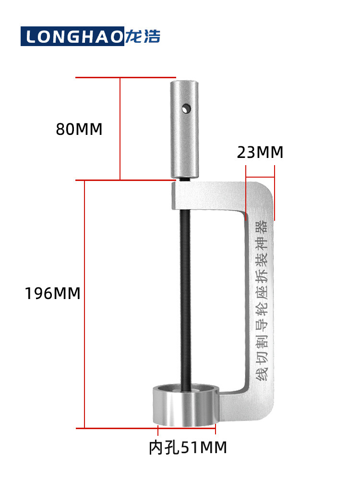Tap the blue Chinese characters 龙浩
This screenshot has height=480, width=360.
click(143, 36)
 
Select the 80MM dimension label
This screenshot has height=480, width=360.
click(79, 129)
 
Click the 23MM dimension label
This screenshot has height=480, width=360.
click(260, 153)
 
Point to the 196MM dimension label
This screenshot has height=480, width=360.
click(52, 293)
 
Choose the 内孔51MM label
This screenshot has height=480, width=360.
click(188, 447)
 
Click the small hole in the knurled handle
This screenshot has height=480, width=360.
click(186, 108)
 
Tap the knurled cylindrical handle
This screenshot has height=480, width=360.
click(185, 130)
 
